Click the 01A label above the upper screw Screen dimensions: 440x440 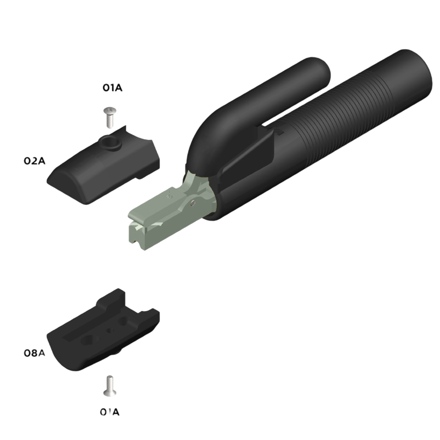pos(113,88)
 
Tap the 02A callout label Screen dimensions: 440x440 pos(34,161)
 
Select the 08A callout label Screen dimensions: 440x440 pos(34,353)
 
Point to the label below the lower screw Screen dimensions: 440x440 pos(110,412)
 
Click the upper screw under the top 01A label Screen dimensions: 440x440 pos(110,117)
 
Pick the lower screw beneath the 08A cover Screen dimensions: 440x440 pos(110,386)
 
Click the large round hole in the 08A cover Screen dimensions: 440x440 pos(88,341)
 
